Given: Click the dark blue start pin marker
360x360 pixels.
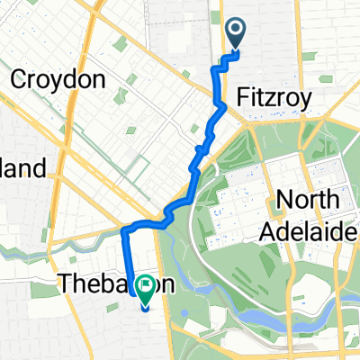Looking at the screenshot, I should click(236, 32).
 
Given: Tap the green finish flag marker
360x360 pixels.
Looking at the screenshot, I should click(144, 284).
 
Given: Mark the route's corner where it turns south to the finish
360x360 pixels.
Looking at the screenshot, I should click(122, 231).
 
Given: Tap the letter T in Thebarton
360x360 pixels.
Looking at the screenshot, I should click(66, 283).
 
